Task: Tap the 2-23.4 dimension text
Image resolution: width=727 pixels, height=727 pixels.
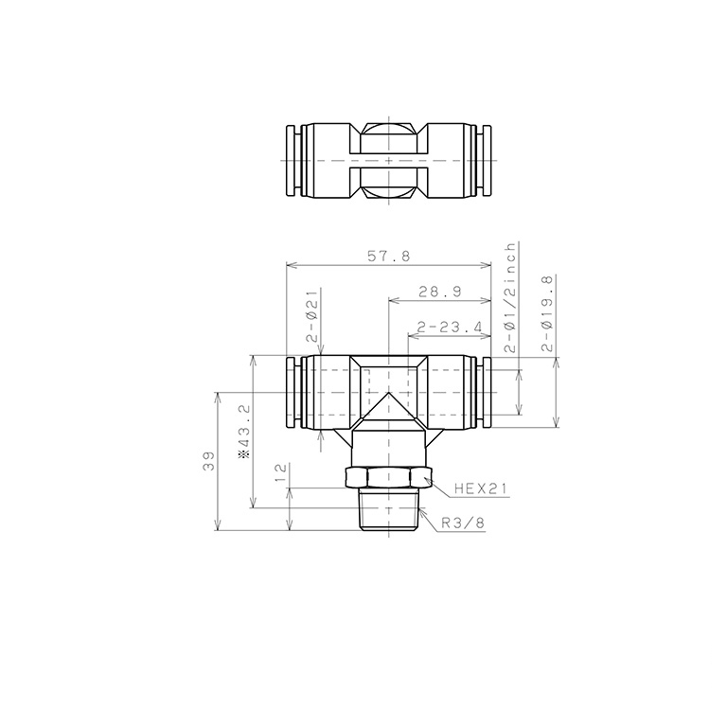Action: pyautogui.click(x=449, y=328)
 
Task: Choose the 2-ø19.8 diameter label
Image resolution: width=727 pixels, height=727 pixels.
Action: pyautogui.click(x=546, y=313)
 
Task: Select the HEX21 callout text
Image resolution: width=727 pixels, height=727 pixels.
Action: pyautogui.click(x=482, y=489)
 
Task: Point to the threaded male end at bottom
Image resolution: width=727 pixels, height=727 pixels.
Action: pyautogui.click(x=389, y=512)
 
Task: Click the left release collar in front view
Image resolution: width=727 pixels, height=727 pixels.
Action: pyautogui.click(x=293, y=393)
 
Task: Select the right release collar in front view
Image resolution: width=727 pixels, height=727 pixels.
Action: pyautogui.click(x=486, y=393)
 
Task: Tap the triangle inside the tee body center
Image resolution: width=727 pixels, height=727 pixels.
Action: pyautogui.click(x=389, y=413)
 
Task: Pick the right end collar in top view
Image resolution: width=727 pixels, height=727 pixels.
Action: pyautogui.click(x=486, y=161)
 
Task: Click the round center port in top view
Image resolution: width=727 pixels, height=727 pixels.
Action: pyautogui.click(x=389, y=161)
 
